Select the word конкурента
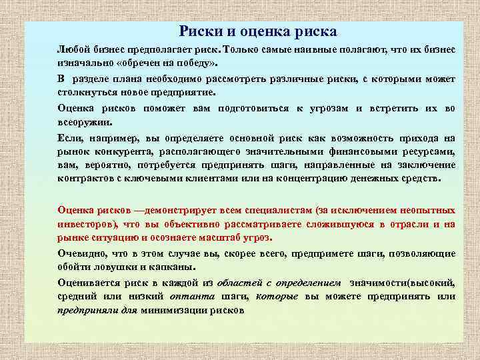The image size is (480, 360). pos(123,151)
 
